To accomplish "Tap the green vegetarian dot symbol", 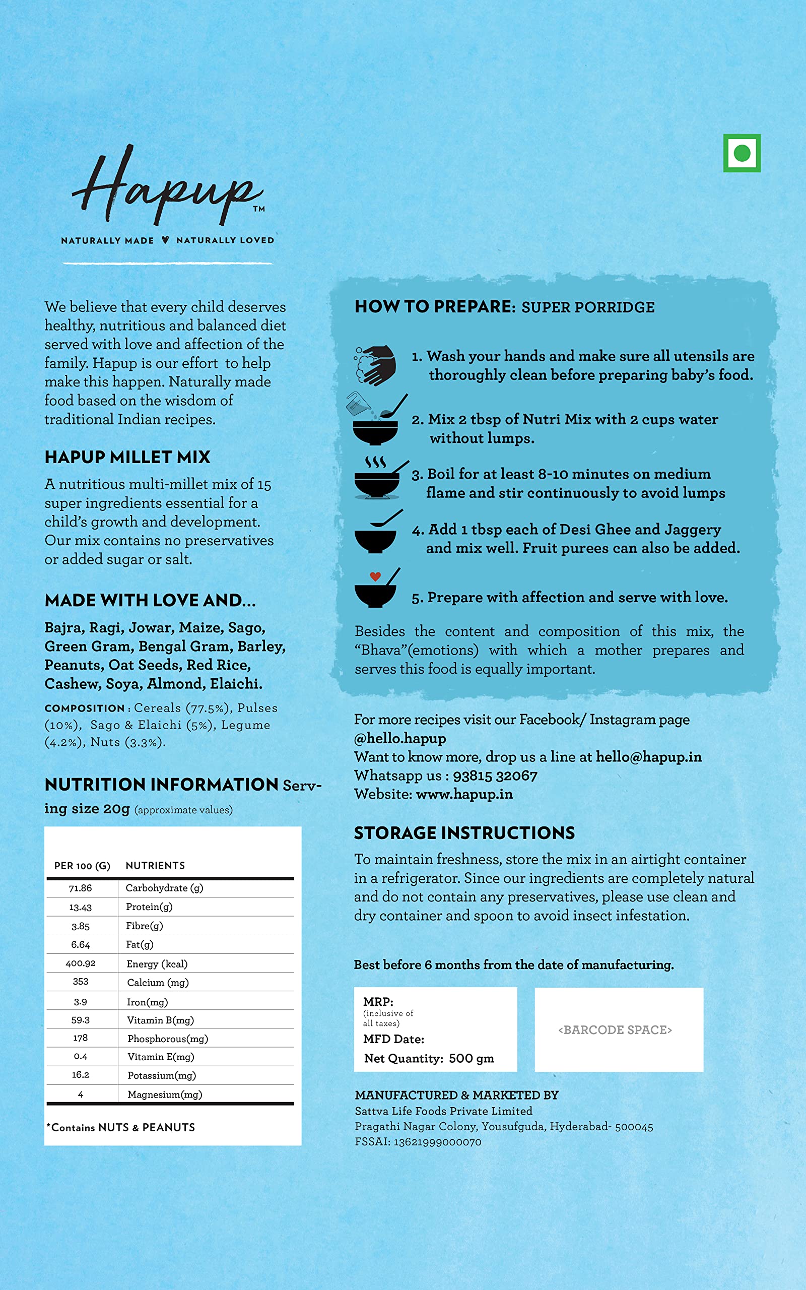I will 742,154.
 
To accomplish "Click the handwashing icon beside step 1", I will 375,365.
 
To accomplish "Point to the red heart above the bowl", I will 375,576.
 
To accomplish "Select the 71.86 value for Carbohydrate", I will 81,888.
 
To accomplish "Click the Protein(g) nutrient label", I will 149,907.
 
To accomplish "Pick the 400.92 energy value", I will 81,963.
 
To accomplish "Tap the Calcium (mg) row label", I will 158,983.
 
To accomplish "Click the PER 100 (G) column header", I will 82,866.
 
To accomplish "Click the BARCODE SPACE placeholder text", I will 615,1030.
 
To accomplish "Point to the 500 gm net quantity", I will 471,1058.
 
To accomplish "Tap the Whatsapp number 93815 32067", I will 495,776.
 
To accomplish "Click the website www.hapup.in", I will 464,794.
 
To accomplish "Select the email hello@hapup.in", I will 649,757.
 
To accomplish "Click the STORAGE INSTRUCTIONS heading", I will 464,833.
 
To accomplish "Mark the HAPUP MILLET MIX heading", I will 127,457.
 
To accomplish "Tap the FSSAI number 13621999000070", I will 437,1142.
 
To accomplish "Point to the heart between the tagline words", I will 165,240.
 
